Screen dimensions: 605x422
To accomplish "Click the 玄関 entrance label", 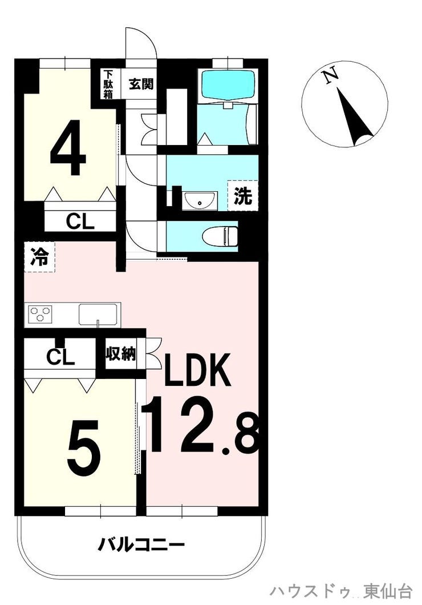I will point(140,84).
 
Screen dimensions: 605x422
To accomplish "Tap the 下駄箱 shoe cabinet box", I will point(108,84).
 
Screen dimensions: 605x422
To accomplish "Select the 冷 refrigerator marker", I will point(39,257).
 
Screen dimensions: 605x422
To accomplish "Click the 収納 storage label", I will point(120,354).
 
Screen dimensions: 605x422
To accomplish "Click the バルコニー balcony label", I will point(142,544).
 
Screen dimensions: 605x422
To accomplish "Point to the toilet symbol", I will point(221,236).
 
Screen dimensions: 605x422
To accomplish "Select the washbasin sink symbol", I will point(200,201).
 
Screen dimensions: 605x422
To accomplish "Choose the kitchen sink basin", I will point(98,314).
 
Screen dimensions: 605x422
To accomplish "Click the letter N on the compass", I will point(330,77).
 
